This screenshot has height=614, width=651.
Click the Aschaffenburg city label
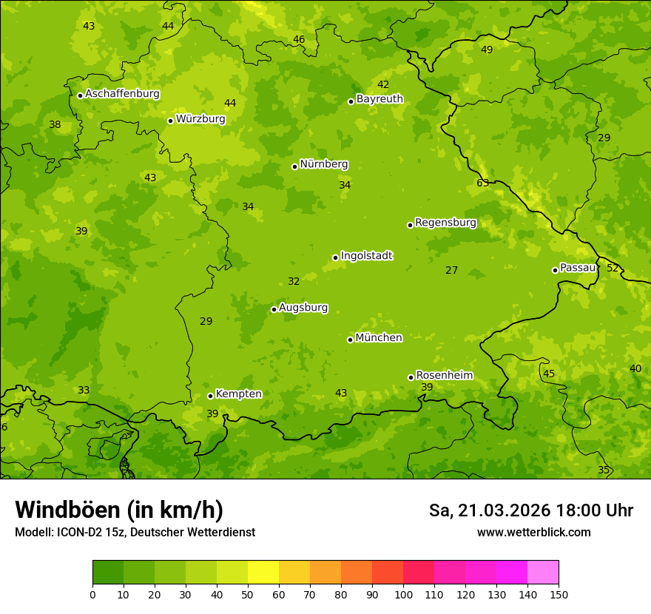(x=122, y=94)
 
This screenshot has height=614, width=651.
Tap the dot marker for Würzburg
(x=170, y=121)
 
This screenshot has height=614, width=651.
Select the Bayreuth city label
(x=380, y=98)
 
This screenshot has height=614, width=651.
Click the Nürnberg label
(x=323, y=164)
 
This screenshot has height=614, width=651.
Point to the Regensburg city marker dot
(x=410, y=225)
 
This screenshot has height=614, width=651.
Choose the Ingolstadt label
(x=366, y=256)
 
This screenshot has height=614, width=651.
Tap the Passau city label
(x=577, y=268)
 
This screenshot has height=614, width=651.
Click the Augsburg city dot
(x=274, y=309)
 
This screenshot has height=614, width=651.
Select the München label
(x=379, y=337)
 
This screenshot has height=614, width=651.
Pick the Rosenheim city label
(x=444, y=375)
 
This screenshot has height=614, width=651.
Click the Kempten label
(x=238, y=394)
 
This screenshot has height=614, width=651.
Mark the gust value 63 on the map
(x=482, y=183)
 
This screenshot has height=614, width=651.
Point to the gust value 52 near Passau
(x=613, y=268)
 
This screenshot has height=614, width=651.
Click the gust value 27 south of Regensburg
(x=451, y=270)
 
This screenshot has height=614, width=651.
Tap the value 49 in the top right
(x=487, y=50)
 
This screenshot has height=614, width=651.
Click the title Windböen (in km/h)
(x=119, y=510)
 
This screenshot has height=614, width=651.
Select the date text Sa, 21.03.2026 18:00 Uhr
(x=530, y=510)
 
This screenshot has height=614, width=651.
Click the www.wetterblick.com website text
(x=533, y=532)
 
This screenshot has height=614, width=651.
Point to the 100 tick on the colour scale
(x=403, y=594)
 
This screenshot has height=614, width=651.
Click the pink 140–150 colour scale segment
(x=543, y=573)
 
